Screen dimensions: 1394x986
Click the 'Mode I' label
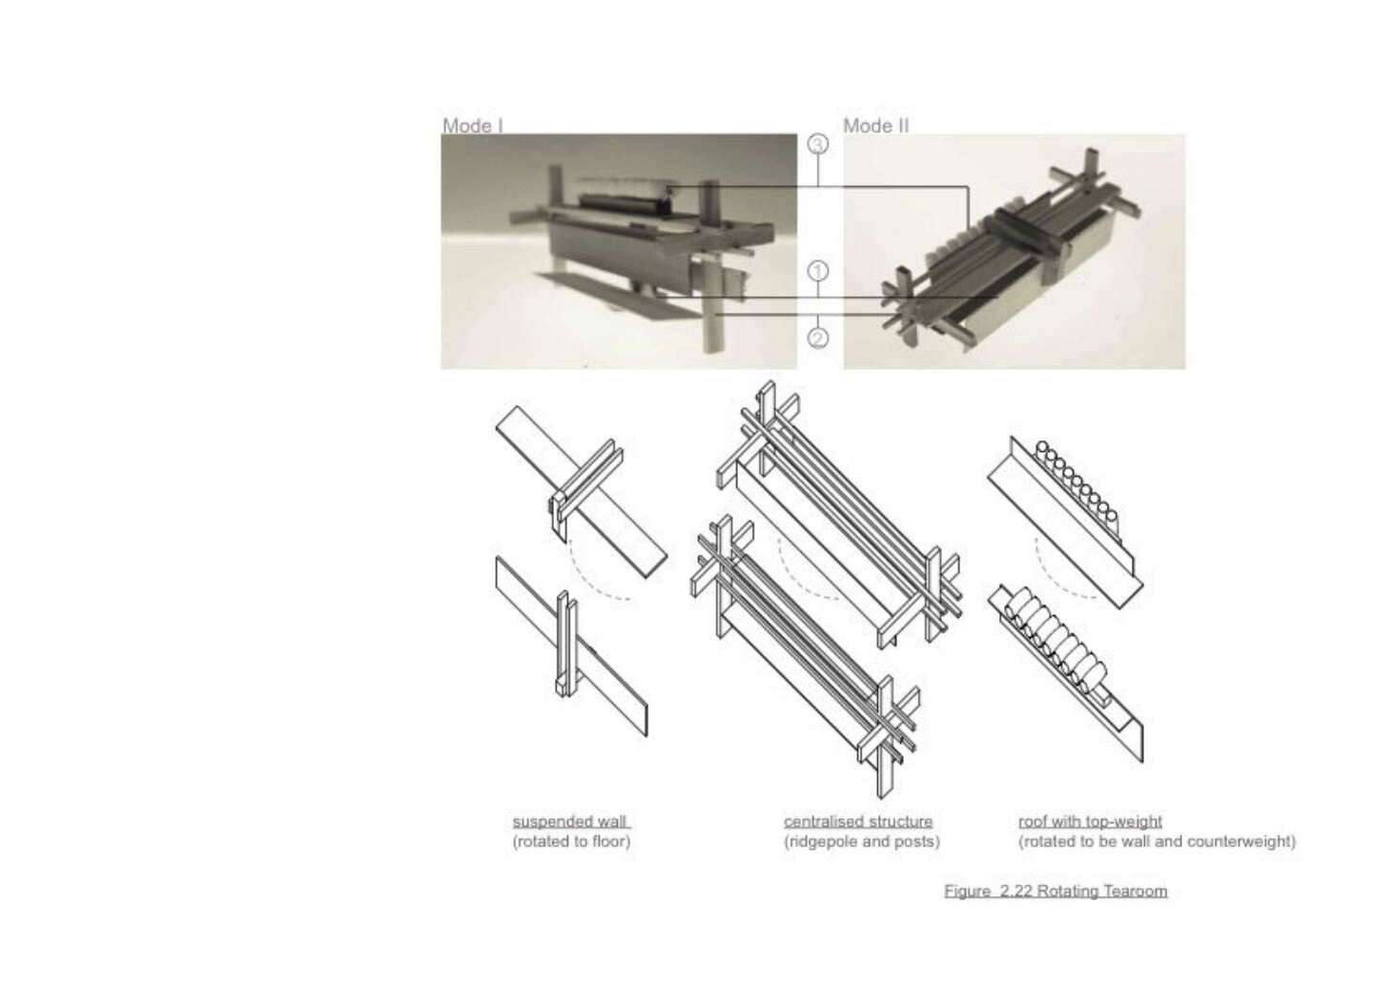pos(472,126)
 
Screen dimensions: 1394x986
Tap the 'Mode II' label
pos(875,126)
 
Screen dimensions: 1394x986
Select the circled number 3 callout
pos(818,144)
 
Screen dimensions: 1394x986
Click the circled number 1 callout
pos(818,272)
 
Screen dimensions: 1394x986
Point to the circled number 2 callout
pos(818,338)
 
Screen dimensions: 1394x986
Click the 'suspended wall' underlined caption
pos(571,822)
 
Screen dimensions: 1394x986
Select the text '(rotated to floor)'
pos(571,842)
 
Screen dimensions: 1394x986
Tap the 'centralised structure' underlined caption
pos(858,822)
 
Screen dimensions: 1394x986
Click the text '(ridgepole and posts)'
pos(862,842)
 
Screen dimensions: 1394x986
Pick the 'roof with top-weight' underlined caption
pos(1090,822)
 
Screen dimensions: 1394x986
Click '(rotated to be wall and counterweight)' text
pos(1157,842)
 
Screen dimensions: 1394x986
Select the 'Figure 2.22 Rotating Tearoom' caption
pos(1056,891)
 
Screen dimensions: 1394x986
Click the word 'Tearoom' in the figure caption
pos(1135,891)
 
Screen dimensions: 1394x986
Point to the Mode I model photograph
pos(619,252)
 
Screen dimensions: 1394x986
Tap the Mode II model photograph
pos(1015,252)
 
